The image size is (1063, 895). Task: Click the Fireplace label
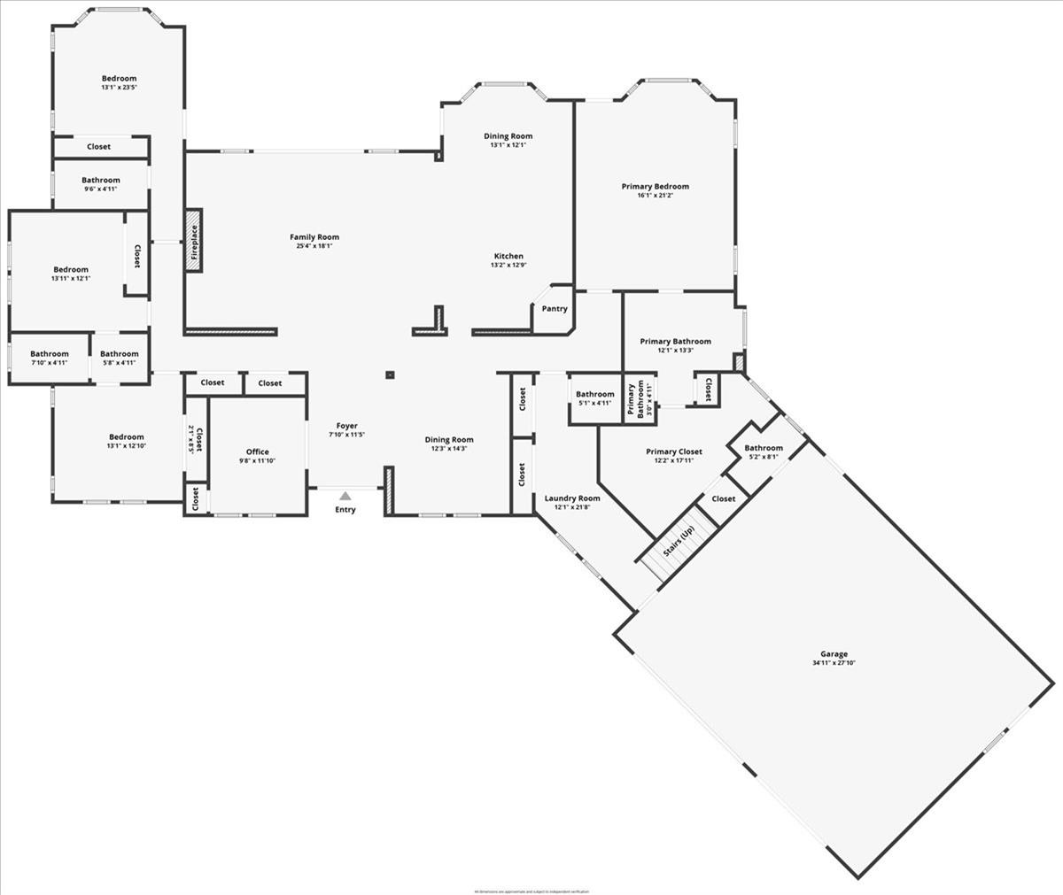[x=194, y=240]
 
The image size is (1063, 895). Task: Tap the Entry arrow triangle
[x=345, y=497]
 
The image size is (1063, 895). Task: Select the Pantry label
[x=555, y=309]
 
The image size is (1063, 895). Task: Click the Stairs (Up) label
[x=679, y=541]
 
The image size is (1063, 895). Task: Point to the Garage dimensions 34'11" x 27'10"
[x=834, y=663]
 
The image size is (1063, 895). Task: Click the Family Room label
[x=314, y=237]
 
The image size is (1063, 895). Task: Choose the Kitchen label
[x=508, y=257]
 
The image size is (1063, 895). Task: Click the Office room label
[x=258, y=452]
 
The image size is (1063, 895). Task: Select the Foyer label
[x=347, y=426]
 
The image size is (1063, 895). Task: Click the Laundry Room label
[x=572, y=498]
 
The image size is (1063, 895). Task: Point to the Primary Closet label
[x=673, y=451]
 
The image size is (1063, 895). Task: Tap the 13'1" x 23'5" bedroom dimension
[x=119, y=88]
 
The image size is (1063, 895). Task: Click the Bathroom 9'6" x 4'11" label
[x=101, y=181]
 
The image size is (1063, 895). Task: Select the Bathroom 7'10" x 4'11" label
[x=50, y=354]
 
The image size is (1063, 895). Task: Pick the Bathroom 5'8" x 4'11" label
[x=120, y=354]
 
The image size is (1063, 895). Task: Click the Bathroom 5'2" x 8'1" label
[x=764, y=448]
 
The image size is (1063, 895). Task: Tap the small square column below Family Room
[x=389, y=374]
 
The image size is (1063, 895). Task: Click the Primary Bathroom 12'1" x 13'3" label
[x=675, y=342]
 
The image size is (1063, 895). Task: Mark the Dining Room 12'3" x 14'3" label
[x=449, y=440]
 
